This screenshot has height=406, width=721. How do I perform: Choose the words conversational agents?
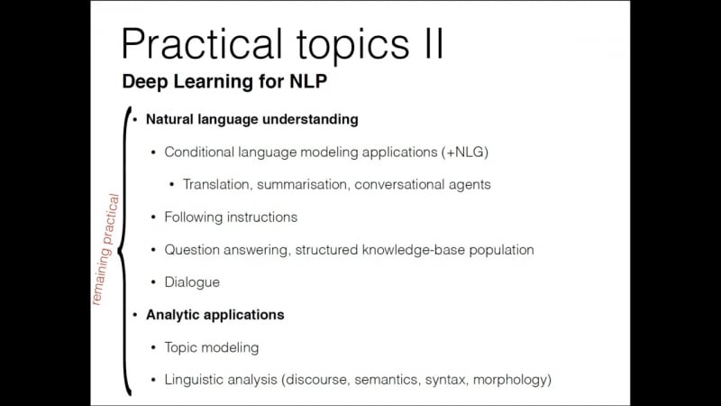click(x=423, y=184)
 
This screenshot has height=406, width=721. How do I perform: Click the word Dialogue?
click(x=192, y=281)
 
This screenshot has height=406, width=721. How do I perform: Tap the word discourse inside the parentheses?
click(x=319, y=380)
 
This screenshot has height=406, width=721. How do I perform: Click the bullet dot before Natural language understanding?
click(x=136, y=119)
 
